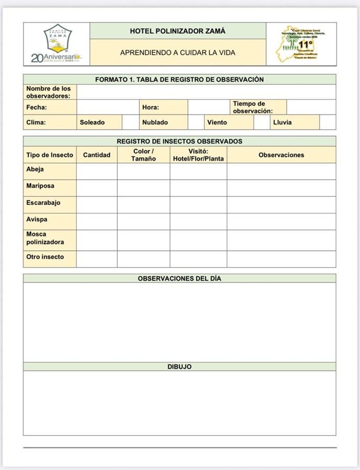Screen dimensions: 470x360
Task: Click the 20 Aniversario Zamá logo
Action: [57, 44]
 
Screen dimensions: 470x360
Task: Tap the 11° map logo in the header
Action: [301, 44]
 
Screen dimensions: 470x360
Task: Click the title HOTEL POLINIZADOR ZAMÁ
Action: [178, 31]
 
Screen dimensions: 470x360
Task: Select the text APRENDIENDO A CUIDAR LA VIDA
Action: [178, 53]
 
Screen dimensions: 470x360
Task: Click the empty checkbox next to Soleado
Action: [130, 122]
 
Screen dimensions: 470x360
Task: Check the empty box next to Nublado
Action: [195, 122]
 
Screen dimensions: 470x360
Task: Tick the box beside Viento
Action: [261, 122]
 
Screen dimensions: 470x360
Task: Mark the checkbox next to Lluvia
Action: [327, 122]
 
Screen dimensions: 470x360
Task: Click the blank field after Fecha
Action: [108, 107]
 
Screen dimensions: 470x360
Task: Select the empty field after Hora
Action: [208, 107]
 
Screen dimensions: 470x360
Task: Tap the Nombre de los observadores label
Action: [49, 92]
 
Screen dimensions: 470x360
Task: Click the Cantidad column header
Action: [97, 155]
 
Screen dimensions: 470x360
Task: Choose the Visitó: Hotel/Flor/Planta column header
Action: [198, 155]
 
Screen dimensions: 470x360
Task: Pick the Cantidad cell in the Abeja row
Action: [97, 171]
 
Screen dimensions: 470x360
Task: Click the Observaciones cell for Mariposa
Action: [281, 188]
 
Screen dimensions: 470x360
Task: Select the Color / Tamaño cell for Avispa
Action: [143, 221]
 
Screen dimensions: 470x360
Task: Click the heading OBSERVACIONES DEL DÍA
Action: [179, 278]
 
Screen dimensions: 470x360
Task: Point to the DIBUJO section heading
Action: [179, 367]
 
